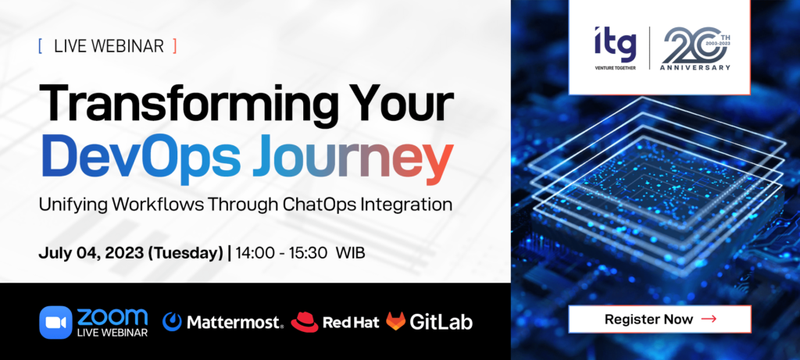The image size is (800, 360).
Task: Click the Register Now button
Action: [x=659, y=319]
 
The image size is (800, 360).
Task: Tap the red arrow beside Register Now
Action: [x=709, y=319]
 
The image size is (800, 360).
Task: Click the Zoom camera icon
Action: [x=55, y=323]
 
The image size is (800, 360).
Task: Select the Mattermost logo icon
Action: [x=172, y=321]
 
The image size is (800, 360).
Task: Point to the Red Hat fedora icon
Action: [x=305, y=321]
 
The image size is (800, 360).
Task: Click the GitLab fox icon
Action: [x=395, y=321]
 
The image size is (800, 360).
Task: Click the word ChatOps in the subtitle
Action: [x=318, y=205]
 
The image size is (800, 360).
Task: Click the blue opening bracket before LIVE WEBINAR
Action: [x=41, y=46]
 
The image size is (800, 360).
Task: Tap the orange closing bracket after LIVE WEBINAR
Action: [x=174, y=46]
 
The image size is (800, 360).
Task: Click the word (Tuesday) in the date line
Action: [x=184, y=254]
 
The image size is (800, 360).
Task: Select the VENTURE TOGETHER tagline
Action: [x=616, y=68]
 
